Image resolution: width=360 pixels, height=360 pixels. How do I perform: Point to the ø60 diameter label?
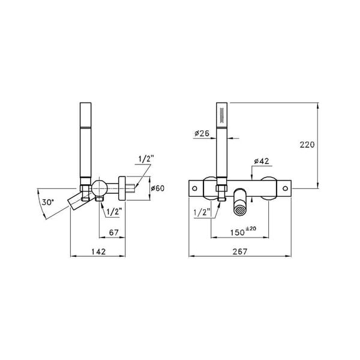157,188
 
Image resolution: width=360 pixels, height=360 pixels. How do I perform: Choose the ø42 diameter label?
262,161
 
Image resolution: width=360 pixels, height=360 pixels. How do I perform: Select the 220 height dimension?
307,145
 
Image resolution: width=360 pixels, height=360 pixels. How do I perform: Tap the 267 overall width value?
241,251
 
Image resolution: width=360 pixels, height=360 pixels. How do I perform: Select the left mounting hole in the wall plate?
194,188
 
